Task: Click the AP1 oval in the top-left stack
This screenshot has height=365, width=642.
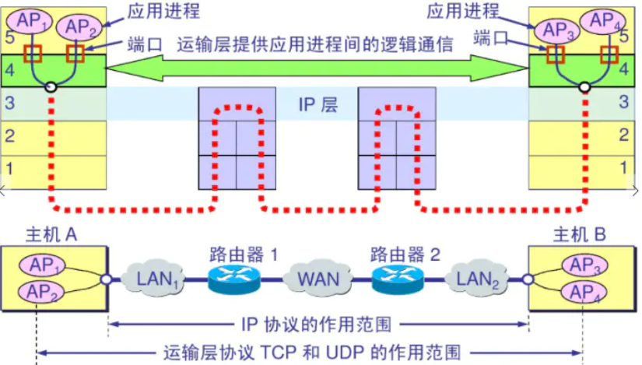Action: [30, 21]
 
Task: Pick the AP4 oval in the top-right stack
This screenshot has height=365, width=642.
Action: [602, 20]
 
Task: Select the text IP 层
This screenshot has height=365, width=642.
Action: [318, 105]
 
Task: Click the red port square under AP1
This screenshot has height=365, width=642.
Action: [32, 54]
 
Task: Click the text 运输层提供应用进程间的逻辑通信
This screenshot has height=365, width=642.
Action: [315, 44]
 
